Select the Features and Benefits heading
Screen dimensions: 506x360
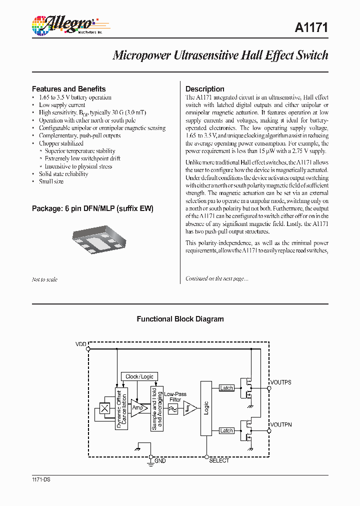click(x=68, y=89)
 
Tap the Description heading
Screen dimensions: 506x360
click(x=204, y=89)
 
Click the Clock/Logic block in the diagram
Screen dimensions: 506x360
click(x=140, y=376)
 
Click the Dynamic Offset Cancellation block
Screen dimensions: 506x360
click(x=121, y=409)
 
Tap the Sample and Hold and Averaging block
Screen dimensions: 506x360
click(x=157, y=409)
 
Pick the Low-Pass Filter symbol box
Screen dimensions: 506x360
click(x=173, y=408)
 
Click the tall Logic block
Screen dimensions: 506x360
click(x=206, y=407)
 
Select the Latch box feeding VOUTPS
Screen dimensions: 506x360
click(x=226, y=388)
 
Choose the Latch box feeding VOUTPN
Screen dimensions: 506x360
click(x=226, y=430)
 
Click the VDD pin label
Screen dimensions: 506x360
click(x=81, y=344)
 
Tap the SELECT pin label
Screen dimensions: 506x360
click(x=219, y=460)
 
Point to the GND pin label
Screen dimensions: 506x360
click(x=160, y=460)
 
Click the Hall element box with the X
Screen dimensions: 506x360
click(x=105, y=408)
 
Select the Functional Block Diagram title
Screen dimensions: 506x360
click(x=180, y=319)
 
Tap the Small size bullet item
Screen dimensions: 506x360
click(x=51, y=181)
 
